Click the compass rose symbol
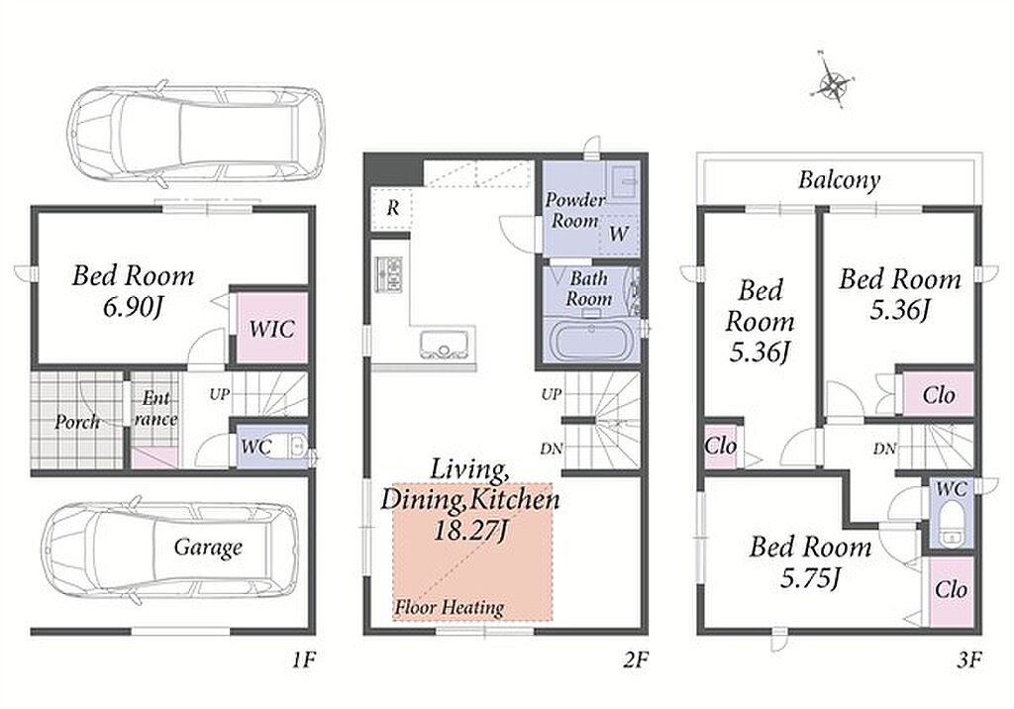click(x=833, y=83)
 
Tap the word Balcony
click(x=839, y=180)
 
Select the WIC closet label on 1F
click(x=272, y=329)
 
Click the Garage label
click(x=208, y=548)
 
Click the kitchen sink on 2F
click(x=445, y=344)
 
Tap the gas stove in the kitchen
click(x=388, y=273)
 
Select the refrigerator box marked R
click(x=392, y=208)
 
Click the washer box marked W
click(x=619, y=234)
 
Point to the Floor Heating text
click(x=450, y=607)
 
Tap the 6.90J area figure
click(x=133, y=307)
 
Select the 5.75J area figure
click(x=810, y=577)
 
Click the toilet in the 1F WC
click(x=297, y=446)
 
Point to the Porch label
click(x=77, y=422)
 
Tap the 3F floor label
click(x=968, y=659)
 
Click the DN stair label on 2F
click(x=552, y=448)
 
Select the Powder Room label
click(x=575, y=210)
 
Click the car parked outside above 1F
click(x=197, y=129)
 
